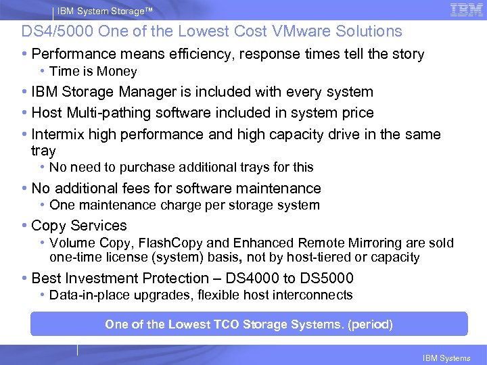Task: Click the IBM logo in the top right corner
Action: click(x=466, y=10)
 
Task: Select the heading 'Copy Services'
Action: click(x=79, y=226)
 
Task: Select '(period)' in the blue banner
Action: click(x=370, y=324)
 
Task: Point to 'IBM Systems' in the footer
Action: click(x=446, y=358)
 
